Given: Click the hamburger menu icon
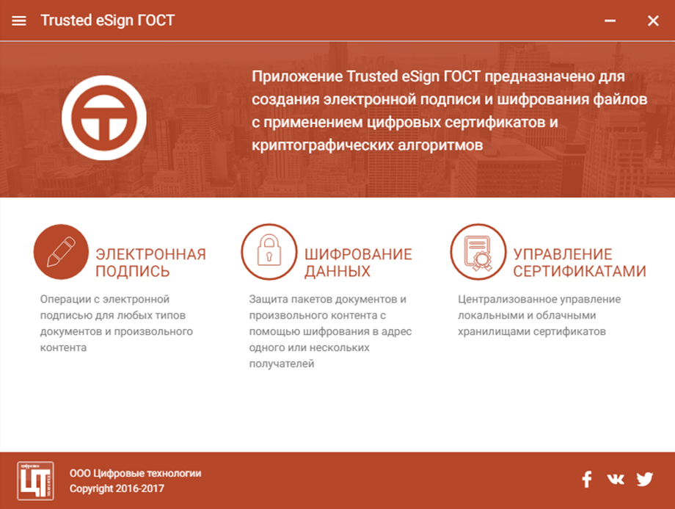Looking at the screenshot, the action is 19,21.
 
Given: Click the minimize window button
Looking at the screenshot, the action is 610,21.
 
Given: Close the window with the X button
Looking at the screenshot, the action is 653,21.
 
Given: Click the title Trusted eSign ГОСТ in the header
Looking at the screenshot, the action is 108,21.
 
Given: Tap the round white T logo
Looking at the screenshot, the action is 104,118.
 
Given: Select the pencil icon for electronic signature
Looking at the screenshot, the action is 61,252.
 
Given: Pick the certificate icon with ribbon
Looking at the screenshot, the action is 478,252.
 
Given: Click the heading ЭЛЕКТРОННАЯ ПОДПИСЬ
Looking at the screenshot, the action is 150,262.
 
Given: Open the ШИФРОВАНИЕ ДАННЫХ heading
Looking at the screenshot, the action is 358,262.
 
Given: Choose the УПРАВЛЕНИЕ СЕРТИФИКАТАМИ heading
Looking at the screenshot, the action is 580,262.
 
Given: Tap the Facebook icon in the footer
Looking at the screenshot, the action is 587,480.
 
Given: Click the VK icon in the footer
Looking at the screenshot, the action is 615,480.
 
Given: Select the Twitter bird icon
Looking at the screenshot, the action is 645,480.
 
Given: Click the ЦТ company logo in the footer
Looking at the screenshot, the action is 36,480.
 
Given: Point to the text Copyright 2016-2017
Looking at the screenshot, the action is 117,488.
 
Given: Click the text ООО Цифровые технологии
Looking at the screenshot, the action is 136,473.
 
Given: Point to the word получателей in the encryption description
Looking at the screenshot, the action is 282,364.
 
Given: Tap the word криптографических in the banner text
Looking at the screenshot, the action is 323,145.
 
